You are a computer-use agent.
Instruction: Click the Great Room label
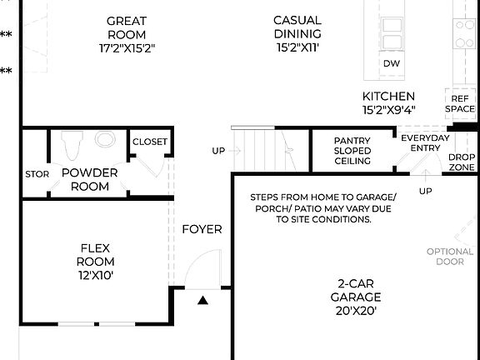[x=127, y=34]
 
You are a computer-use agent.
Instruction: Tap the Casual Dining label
[x=297, y=34]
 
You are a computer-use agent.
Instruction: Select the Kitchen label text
[x=388, y=102]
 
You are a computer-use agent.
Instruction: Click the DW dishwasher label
[x=391, y=64]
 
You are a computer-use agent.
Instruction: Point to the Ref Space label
[x=459, y=102]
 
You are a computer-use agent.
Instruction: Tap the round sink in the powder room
[x=106, y=139]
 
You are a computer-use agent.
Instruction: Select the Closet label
[x=150, y=142]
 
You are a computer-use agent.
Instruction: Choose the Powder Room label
[x=89, y=179]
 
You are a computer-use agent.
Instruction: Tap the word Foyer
[x=202, y=229]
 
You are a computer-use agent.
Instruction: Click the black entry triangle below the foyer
[x=202, y=300]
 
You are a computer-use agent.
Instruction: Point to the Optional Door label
[x=450, y=257]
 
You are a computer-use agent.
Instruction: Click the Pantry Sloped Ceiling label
[x=352, y=151]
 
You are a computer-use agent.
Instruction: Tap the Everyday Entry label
[x=425, y=142]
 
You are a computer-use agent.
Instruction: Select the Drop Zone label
[x=462, y=162]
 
